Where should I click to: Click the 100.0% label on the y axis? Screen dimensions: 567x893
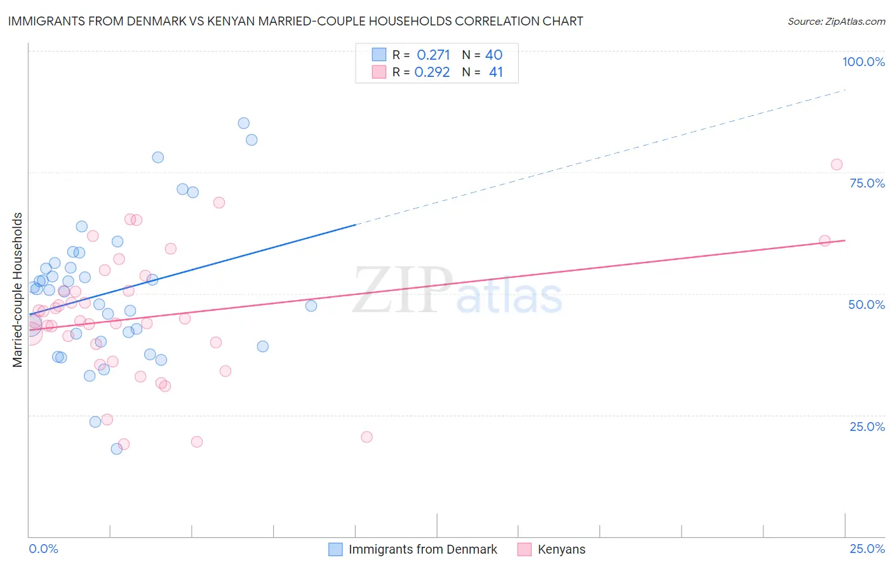(863, 62)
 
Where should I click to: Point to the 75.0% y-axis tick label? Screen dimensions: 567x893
(867, 183)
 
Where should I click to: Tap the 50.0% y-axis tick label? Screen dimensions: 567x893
(866, 304)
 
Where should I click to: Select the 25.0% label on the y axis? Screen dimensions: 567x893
(867, 427)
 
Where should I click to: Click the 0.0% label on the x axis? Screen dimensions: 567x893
(43, 549)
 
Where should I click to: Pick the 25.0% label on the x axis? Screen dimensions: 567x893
(867, 549)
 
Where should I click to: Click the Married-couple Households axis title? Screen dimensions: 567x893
(18, 289)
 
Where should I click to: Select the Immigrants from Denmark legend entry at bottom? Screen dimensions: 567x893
(422, 549)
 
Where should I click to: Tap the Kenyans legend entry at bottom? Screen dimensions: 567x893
(561, 549)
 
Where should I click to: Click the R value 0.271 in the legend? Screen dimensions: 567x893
(433, 55)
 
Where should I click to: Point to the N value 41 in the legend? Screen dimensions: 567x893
(495, 72)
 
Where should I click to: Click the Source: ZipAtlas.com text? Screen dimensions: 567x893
(836, 22)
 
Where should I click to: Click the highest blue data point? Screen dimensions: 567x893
(243, 123)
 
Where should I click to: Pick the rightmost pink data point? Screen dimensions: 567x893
(836, 165)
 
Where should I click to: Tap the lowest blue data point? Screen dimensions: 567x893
(117, 449)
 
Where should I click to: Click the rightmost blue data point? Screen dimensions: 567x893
(311, 306)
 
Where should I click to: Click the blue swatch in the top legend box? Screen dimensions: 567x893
(379, 55)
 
